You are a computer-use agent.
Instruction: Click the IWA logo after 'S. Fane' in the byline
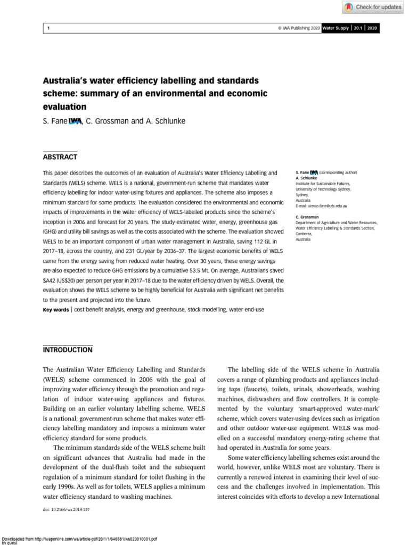tap(75, 121)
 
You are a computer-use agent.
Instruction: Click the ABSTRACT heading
tap(60, 157)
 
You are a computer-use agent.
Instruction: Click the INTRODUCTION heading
tap(67, 350)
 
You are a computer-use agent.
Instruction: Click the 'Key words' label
tap(55, 309)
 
